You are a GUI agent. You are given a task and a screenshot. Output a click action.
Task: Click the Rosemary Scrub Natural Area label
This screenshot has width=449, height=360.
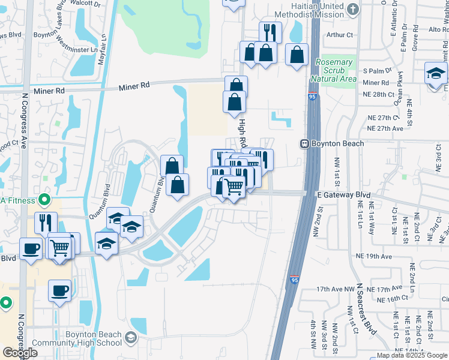tap(334, 70)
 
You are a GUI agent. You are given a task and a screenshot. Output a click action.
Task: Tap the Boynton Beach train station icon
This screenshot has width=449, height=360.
tap(305, 144)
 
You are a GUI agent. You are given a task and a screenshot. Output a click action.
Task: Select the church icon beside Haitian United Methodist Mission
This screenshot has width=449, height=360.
tap(352, 9)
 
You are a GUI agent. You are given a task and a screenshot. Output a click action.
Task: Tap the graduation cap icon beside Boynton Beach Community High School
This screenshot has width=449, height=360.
tap(130, 339)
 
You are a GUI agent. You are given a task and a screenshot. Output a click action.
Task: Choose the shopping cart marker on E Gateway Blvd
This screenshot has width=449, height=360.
tap(234, 187)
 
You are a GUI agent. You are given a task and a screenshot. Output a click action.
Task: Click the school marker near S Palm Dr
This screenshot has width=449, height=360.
tap(436, 74)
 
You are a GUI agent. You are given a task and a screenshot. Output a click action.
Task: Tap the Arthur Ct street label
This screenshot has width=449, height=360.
tap(340, 35)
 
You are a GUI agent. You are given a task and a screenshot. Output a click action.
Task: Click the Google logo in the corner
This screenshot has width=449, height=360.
tap(20, 353)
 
